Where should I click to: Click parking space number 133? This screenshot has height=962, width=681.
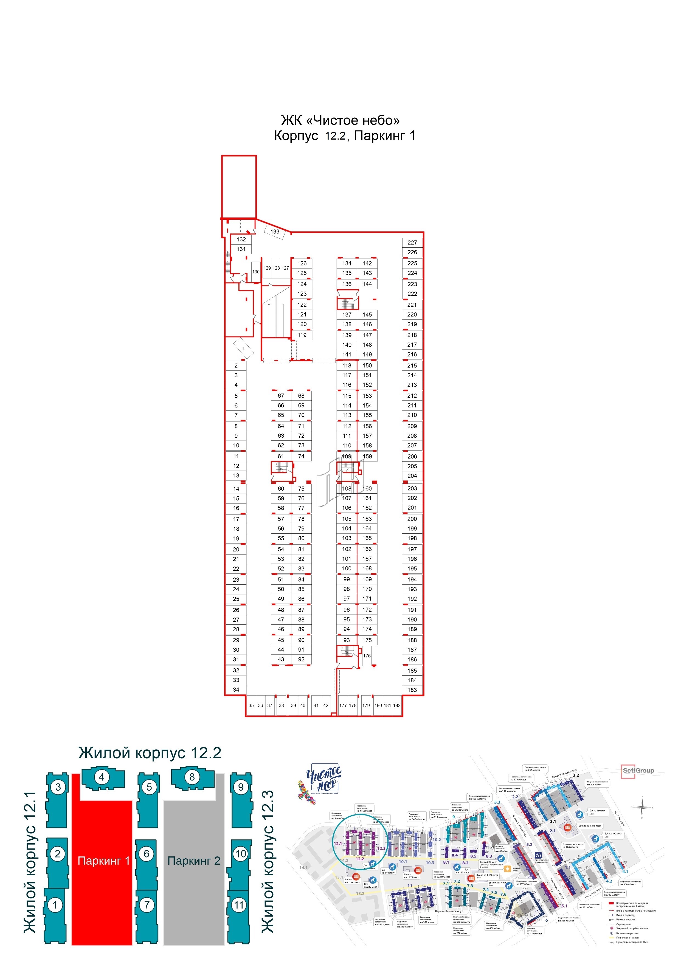[x=275, y=231]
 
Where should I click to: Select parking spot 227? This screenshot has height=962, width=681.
[x=412, y=242]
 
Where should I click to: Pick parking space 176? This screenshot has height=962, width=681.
[x=367, y=656]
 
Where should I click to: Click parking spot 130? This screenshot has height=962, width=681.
[x=256, y=271]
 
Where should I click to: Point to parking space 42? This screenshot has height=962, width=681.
[x=326, y=705]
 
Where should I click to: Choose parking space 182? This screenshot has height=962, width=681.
[x=397, y=705]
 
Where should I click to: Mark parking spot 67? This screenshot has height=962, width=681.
[x=280, y=395]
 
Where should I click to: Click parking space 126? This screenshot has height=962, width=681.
[x=302, y=263]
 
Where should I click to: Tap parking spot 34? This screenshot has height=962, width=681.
[x=236, y=690]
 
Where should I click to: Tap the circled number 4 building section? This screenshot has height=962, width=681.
[x=102, y=777]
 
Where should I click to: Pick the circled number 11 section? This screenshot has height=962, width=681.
[x=239, y=905]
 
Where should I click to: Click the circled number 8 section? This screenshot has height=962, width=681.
[x=192, y=777]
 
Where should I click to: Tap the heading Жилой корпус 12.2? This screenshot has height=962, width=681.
[x=150, y=753]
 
